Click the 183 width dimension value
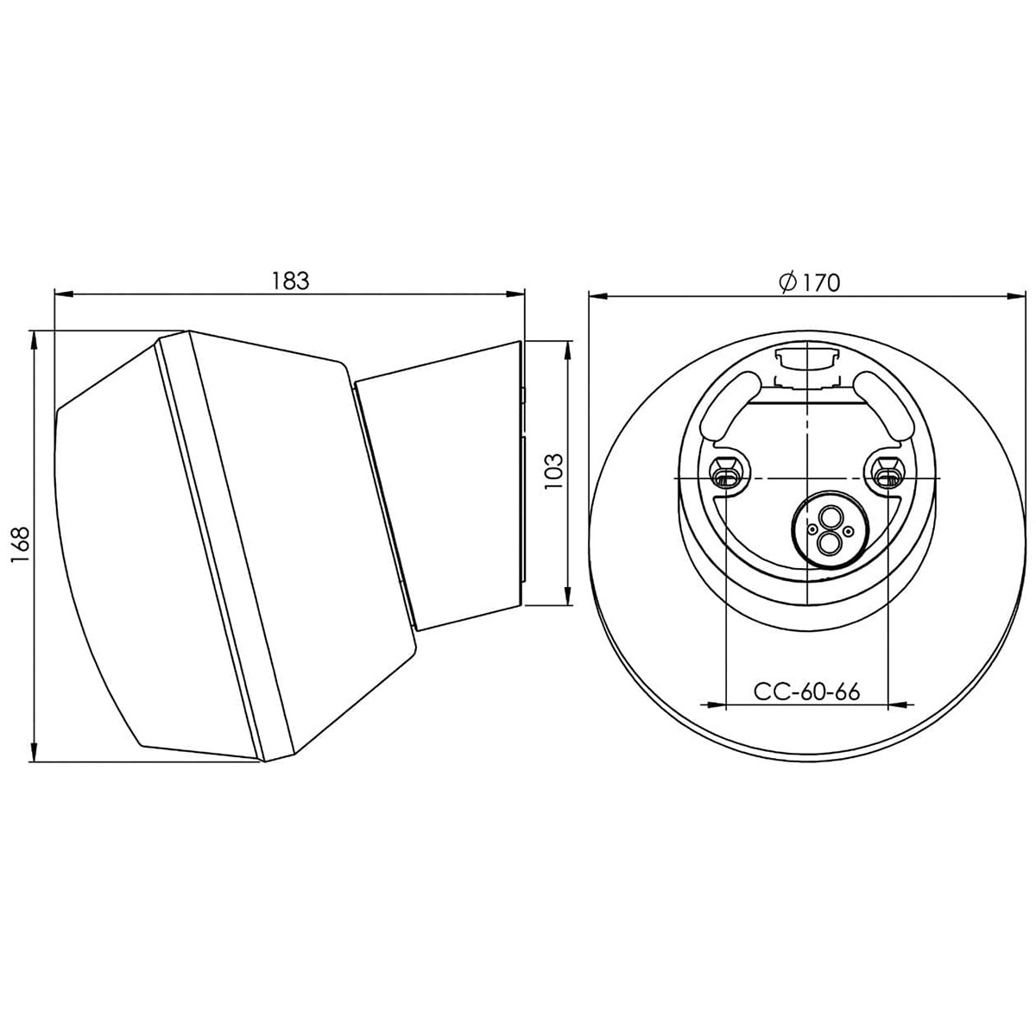[x=290, y=281]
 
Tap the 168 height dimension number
[x=20, y=545]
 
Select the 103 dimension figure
[x=553, y=471]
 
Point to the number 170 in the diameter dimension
[x=821, y=283]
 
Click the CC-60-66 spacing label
[x=806, y=692]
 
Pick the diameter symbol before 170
[x=789, y=283]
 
